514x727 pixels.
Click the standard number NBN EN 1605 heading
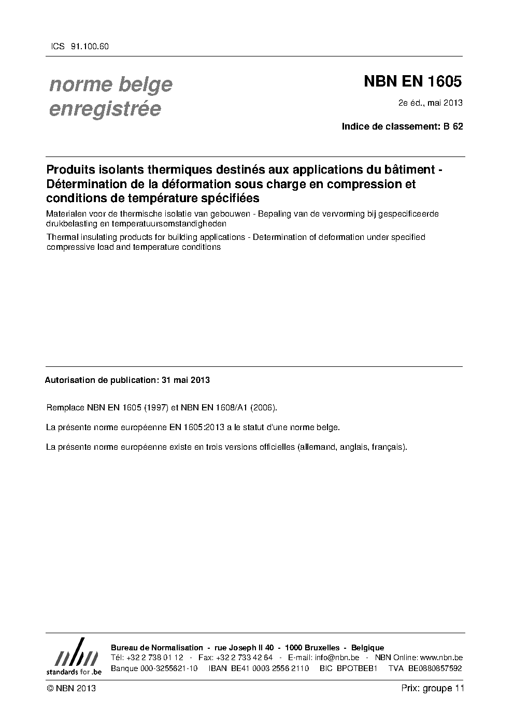coord(412,81)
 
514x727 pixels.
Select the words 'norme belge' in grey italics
coord(110,84)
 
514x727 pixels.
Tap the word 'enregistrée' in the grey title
coord(105,109)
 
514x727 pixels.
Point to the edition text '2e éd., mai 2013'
coord(430,103)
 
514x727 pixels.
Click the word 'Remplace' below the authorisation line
coord(65,408)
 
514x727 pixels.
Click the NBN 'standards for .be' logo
coord(74,657)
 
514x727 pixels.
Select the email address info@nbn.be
coord(337,658)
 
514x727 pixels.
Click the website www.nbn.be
coord(441,658)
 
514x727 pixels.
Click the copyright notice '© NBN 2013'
coord(71,689)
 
